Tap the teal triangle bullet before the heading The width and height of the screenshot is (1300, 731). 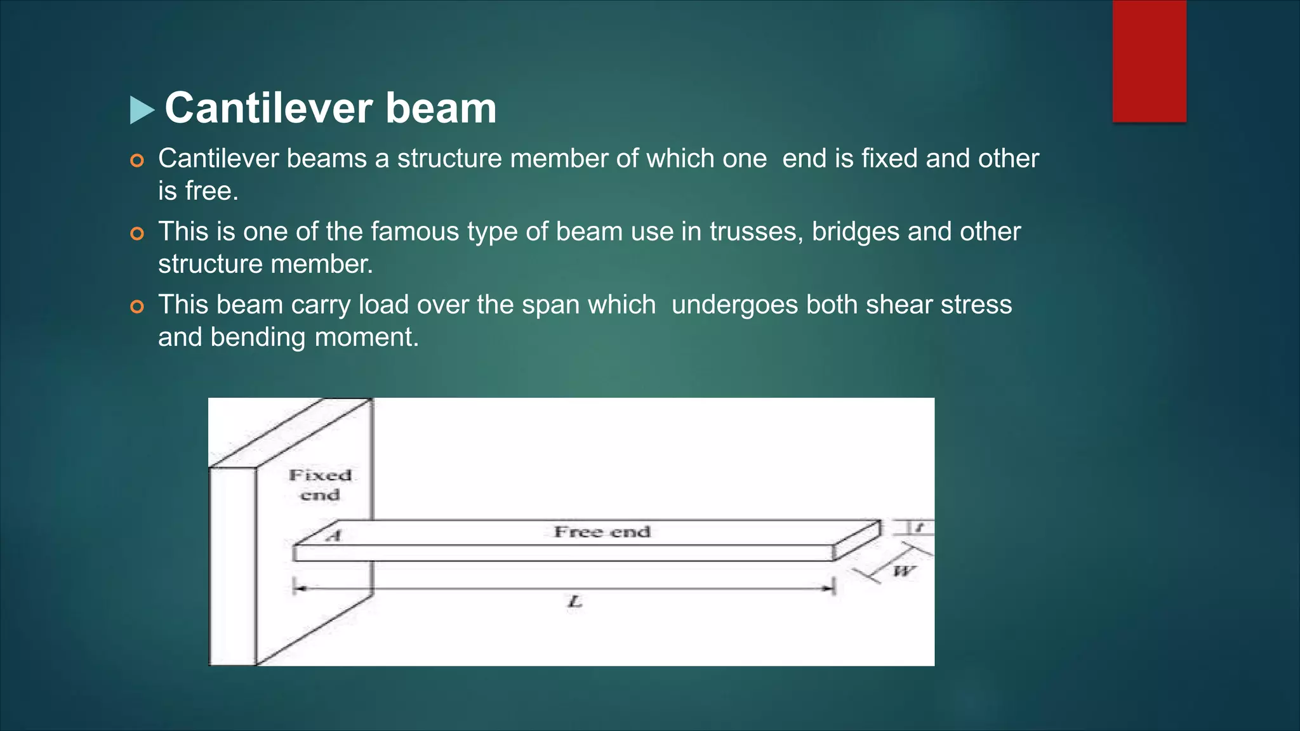click(142, 110)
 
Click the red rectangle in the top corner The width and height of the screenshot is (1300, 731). click(1149, 60)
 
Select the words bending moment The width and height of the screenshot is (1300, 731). click(315, 337)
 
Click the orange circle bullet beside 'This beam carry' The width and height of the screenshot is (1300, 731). click(137, 307)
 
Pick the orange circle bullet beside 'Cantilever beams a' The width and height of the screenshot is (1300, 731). click(137, 161)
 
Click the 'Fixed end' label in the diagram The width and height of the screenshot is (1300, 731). click(320, 485)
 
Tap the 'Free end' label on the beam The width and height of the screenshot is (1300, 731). click(602, 532)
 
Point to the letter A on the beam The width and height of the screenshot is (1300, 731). click(334, 536)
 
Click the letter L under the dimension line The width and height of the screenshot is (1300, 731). click(574, 601)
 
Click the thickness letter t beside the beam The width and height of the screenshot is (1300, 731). click(919, 527)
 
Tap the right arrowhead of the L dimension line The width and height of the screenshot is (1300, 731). click(828, 589)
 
